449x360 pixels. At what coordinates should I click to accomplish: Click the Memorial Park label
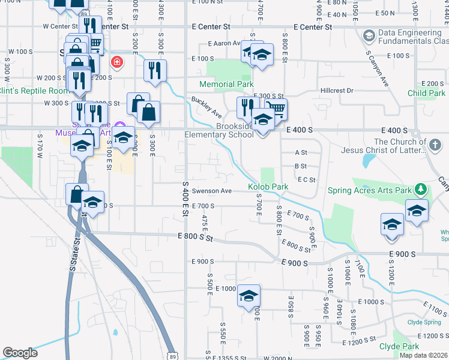[226, 85]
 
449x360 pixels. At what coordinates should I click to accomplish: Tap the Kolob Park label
[268, 187]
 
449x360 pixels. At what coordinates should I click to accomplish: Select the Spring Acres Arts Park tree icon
[421, 190]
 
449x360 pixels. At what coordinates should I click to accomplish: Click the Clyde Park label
[399, 347]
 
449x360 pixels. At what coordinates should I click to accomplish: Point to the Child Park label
[426, 93]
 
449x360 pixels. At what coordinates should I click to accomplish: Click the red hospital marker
[116, 62]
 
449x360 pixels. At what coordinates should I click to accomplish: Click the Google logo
[20, 353]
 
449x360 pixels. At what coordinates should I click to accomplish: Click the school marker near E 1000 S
[249, 296]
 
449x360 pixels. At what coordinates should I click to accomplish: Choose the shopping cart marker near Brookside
[275, 109]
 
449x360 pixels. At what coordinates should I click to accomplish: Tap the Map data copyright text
[423, 355]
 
